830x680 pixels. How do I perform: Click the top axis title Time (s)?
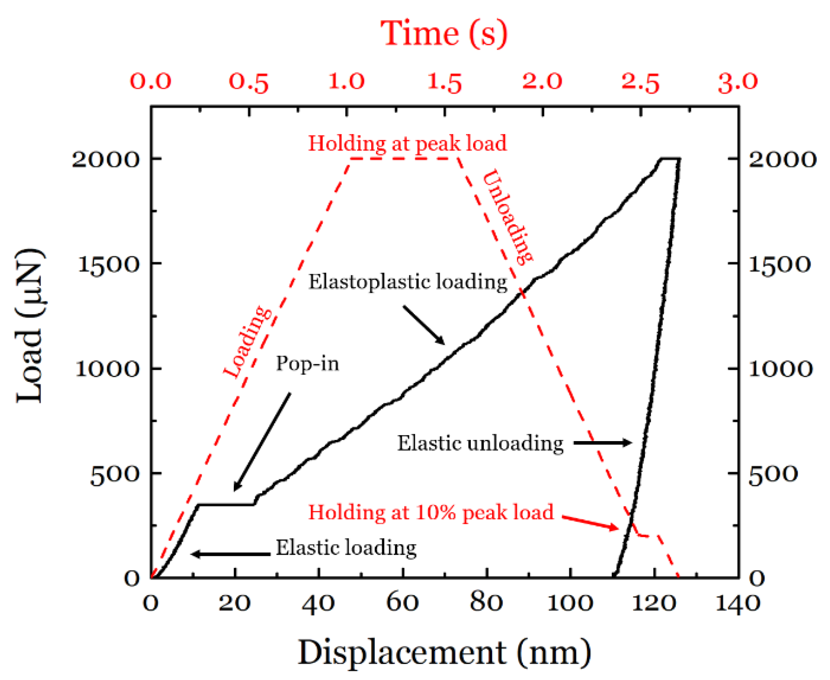[444, 34]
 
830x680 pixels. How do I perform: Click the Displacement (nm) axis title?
[444, 652]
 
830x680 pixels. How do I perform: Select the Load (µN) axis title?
[29, 325]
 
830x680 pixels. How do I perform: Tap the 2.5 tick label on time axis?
[640, 82]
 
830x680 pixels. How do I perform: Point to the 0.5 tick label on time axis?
[248, 82]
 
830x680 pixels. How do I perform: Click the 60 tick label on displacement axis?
[402, 602]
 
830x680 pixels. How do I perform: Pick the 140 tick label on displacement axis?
[738, 602]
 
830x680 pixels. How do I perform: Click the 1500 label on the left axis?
[108, 265]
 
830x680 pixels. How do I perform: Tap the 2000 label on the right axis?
[782, 160]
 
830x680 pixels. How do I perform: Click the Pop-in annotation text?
[307, 364]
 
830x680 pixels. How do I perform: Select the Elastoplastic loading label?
[408, 282]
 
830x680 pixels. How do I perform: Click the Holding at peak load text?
[407, 143]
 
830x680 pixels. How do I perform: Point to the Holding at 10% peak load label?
[431, 512]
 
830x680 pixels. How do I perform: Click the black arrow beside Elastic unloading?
[603, 443]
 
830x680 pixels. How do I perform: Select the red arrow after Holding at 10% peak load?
[591, 523]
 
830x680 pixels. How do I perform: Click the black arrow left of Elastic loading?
[231, 554]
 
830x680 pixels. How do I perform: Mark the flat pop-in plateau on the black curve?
[226, 505]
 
